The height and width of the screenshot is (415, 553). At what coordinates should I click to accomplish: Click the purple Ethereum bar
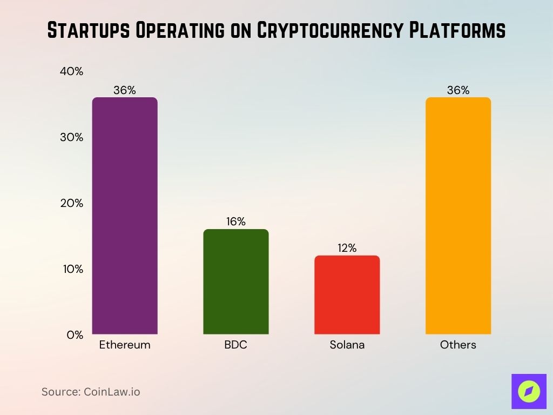pos(125,216)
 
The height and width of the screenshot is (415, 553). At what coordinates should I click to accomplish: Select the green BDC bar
pos(235,282)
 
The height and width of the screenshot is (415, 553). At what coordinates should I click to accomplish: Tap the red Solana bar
pos(347,294)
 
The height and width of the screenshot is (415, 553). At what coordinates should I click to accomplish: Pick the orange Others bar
pos(458,216)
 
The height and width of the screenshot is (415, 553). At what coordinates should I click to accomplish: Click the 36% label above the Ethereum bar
pos(125,90)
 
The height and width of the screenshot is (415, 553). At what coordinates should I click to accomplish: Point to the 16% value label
pos(235,222)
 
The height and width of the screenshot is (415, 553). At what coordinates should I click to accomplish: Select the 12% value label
pos(347,248)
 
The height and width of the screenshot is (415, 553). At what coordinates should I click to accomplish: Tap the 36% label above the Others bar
pos(458,90)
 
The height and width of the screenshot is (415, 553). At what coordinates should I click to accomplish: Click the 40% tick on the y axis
pos(71,71)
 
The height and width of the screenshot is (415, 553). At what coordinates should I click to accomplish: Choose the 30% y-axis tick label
pos(71,137)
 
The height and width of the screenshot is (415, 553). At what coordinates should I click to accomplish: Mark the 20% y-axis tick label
pos(71,203)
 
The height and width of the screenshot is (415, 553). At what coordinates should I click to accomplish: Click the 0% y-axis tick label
pos(75,335)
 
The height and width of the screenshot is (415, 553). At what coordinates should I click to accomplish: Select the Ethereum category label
pos(125,345)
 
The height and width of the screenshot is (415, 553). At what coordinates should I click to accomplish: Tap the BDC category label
pos(235,345)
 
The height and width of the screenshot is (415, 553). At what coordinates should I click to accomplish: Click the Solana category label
pos(347,345)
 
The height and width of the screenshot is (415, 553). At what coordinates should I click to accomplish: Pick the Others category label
pos(458,345)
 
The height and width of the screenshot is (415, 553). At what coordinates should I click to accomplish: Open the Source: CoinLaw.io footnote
pos(91,392)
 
